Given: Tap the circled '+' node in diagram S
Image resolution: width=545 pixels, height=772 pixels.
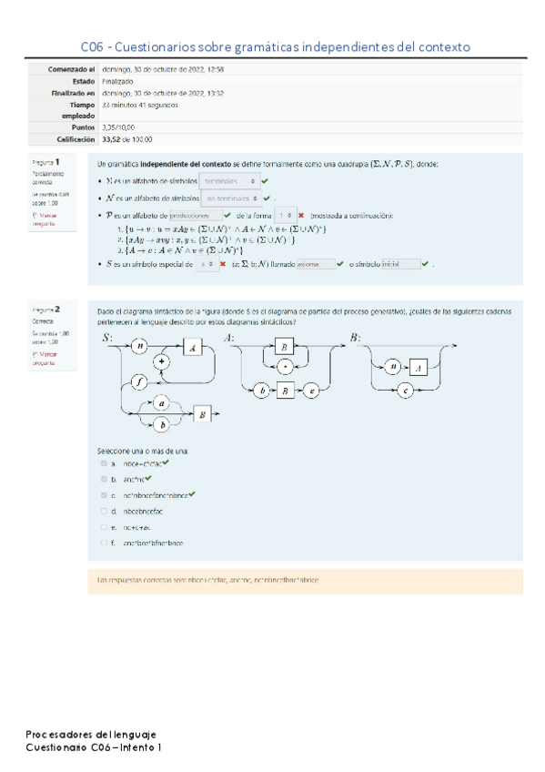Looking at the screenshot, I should pyautogui.click(x=165, y=361).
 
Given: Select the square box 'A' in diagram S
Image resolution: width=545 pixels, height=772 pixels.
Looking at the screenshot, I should pyautogui.click(x=195, y=347).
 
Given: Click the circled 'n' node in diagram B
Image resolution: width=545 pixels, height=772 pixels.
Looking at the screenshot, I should pyautogui.click(x=389, y=366).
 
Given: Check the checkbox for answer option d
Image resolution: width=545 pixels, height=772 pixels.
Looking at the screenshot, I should pyautogui.click(x=104, y=511).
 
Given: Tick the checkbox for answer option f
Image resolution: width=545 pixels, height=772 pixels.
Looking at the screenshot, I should pyautogui.click(x=104, y=543).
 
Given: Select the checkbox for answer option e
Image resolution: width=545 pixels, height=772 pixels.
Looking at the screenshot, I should pyautogui.click(x=104, y=526).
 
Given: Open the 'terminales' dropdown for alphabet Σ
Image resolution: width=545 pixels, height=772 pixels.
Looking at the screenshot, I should pyautogui.click(x=227, y=181).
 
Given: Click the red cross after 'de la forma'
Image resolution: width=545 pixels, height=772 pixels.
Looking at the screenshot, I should pyautogui.click(x=300, y=216).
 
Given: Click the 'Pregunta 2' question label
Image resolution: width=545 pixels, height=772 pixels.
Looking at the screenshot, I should pyautogui.click(x=45, y=310).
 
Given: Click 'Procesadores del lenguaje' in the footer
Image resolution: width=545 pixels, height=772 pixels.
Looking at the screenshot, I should pyautogui.click(x=91, y=733).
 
